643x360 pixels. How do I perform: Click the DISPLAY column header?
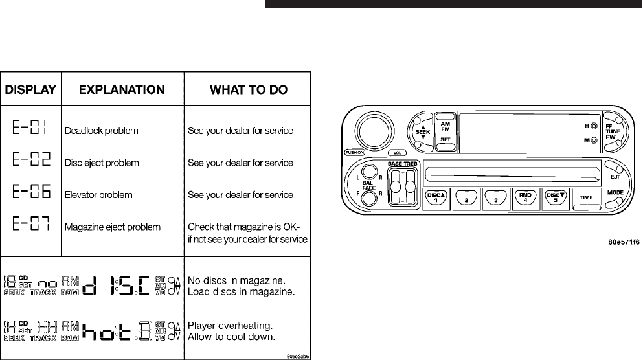(31, 89)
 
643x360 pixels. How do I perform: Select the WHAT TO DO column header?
(249, 89)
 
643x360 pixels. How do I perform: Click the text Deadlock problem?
(102, 131)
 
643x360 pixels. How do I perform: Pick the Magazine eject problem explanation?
(113, 227)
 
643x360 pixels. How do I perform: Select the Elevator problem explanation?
(99, 195)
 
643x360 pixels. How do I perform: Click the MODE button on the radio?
(616, 194)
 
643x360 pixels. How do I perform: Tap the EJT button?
(615, 175)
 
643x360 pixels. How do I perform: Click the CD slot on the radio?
(512, 174)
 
